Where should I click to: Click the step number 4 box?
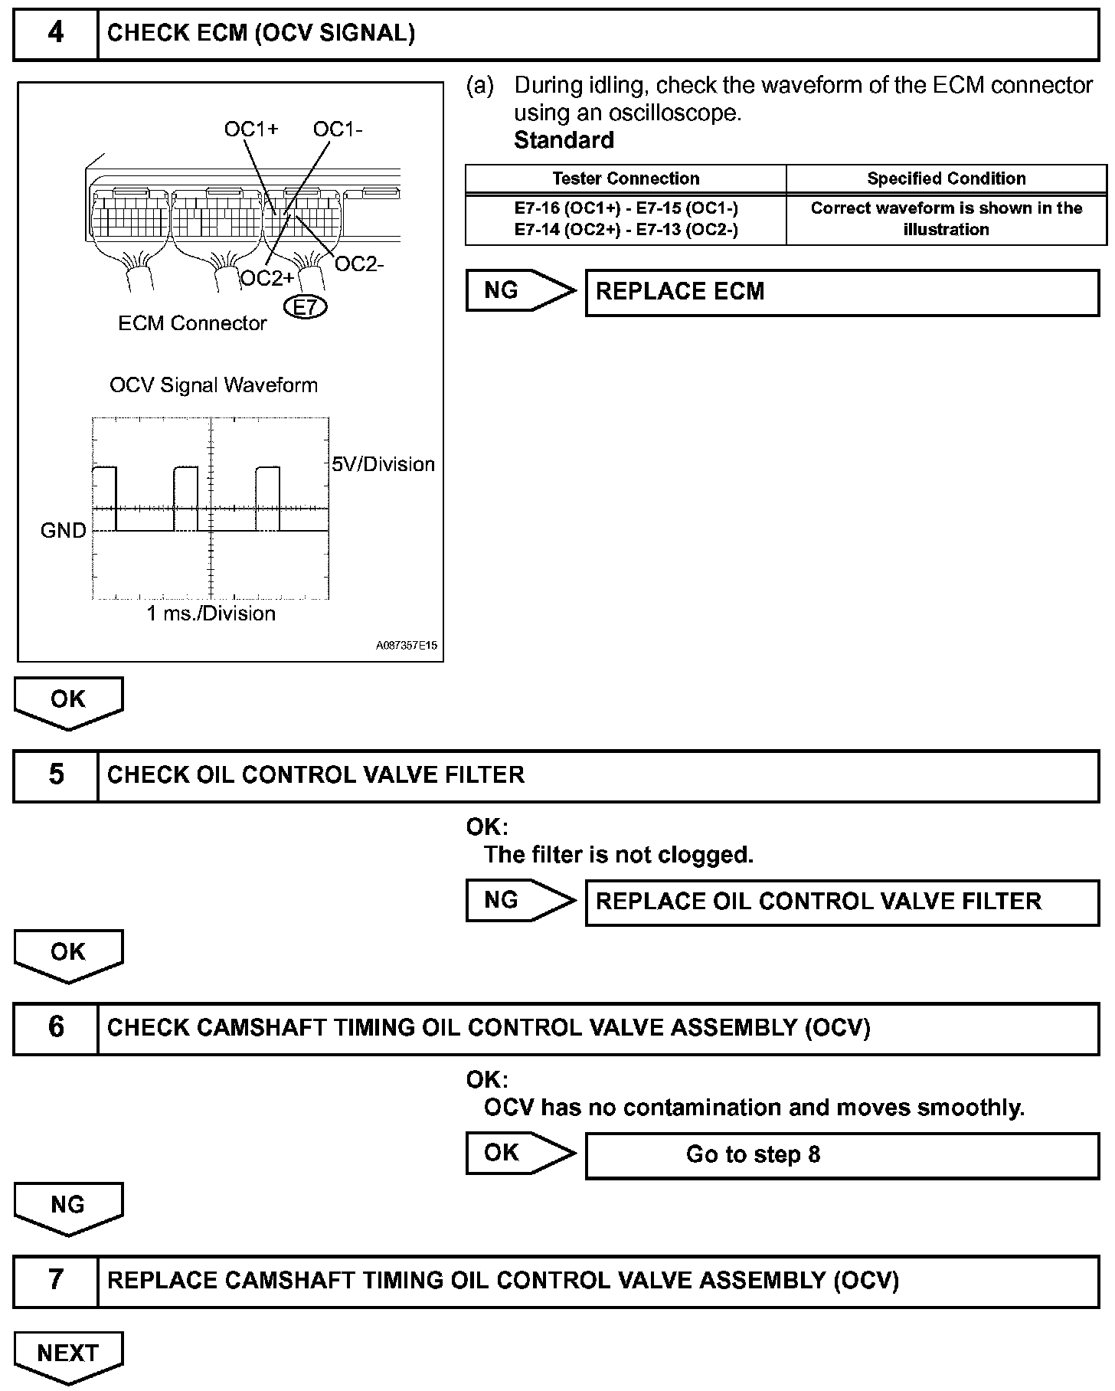coord(56,34)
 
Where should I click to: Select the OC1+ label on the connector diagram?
coord(250,129)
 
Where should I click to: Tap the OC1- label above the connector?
coord(338,129)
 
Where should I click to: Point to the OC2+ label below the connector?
coord(266,279)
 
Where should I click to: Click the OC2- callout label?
coord(359,265)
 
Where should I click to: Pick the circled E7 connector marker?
coord(305,308)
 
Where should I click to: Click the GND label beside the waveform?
coord(63,531)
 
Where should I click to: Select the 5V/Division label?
coord(383,464)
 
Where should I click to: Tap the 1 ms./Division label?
coord(211,614)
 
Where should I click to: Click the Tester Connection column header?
coord(626,179)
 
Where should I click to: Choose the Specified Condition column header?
coord(946,179)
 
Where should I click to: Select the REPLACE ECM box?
coord(842,292)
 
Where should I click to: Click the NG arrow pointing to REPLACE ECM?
coord(519,290)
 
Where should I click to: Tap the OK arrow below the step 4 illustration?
coord(68,702)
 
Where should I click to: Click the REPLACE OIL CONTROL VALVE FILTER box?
coord(842,902)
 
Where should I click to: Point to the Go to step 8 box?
coord(842,1154)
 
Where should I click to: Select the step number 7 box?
coord(56,1281)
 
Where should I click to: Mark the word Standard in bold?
coord(564,140)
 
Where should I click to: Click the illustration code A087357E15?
coord(407,646)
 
